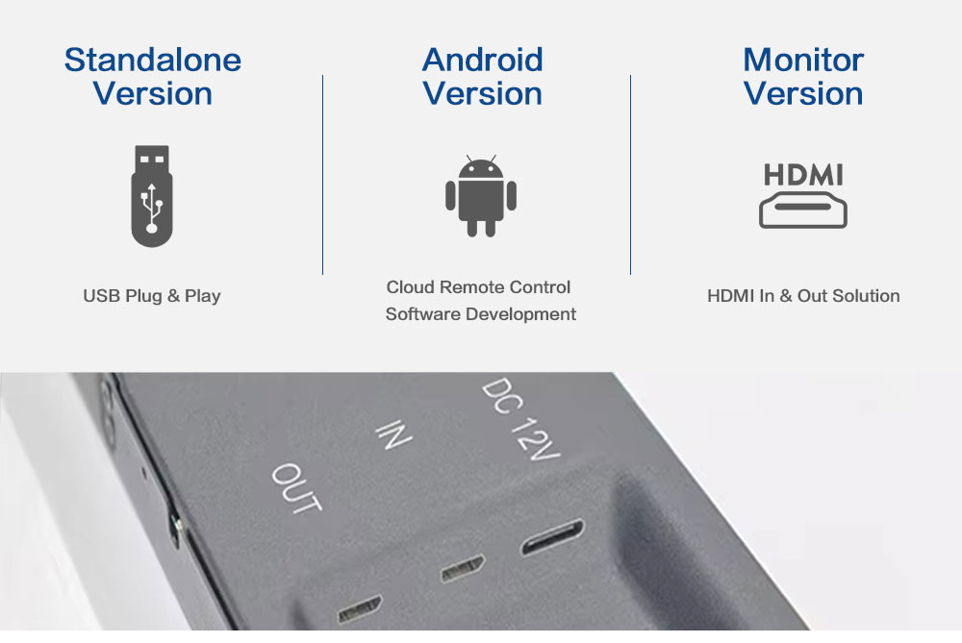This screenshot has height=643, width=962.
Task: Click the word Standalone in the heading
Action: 153,60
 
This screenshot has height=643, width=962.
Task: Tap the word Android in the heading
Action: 482,60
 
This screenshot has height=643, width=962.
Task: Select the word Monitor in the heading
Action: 803,60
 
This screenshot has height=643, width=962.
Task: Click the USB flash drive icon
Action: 152,196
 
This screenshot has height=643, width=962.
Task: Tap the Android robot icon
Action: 481,196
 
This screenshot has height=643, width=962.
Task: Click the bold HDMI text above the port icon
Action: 803,175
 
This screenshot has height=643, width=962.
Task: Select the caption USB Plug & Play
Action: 152,296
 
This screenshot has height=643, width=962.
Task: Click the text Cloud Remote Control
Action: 478,286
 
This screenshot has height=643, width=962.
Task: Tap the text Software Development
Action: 480,314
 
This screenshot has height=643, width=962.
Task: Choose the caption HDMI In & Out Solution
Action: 803,296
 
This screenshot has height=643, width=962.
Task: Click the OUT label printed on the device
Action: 297,488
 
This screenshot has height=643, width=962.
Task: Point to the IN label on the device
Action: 393,434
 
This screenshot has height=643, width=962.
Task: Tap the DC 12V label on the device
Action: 520,418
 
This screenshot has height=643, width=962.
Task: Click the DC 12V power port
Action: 553,536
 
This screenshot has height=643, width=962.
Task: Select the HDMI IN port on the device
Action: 463,568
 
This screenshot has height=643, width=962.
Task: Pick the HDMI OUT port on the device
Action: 360,608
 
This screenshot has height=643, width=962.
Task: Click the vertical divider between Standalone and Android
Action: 322,175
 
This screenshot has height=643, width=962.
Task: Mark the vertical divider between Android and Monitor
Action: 630,175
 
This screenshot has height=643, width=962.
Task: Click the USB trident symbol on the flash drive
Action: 152,208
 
